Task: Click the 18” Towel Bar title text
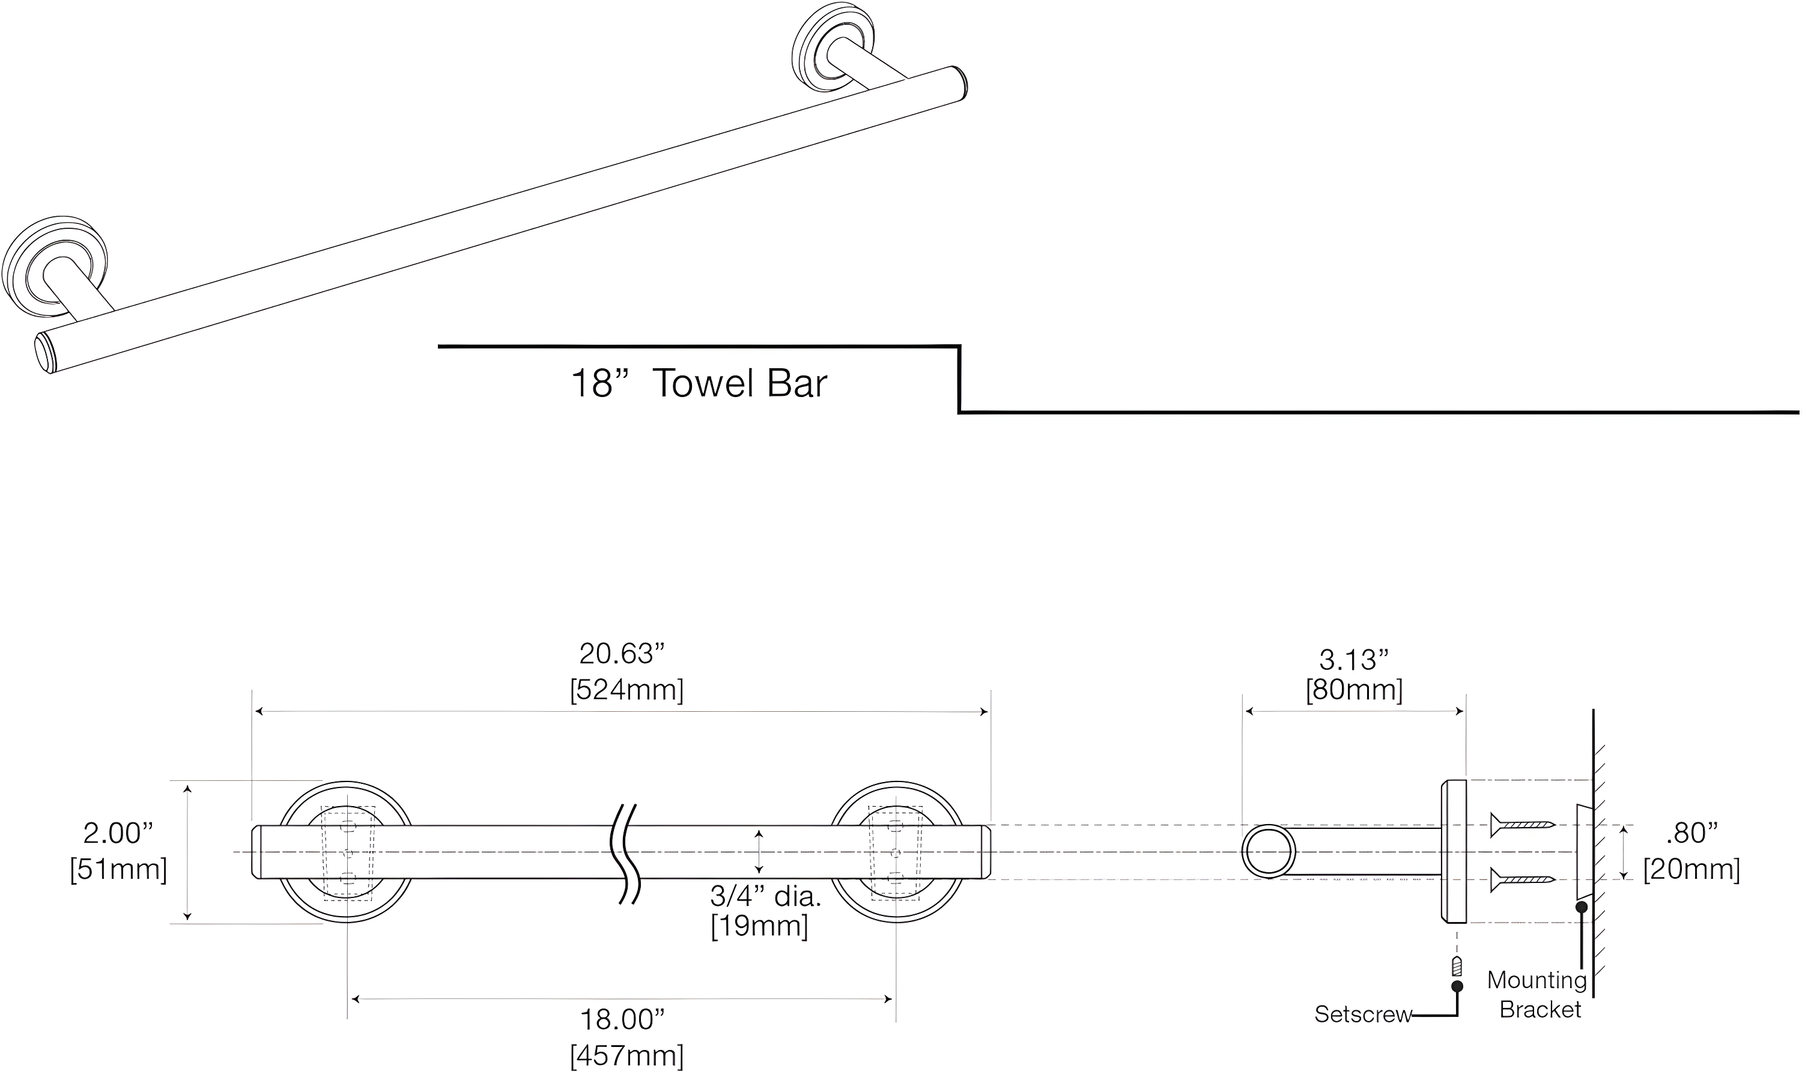click(699, 384)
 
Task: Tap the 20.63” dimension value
click(622, 654)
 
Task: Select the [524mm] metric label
click(626, 690)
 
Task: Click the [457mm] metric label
click(626, 1056)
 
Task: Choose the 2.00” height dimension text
click(118, 834)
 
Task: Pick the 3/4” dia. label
click(765, 897)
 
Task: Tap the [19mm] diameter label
click(759, 926)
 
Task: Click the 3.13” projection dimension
click(1354, 660)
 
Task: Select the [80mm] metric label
click(1354, 690)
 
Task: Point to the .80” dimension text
click(1691, 834)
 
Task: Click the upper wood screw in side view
click(1522, 824)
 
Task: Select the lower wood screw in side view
click(1522, 880)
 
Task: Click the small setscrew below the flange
click(1457, 966)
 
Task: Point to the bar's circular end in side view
click(1269, 852)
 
